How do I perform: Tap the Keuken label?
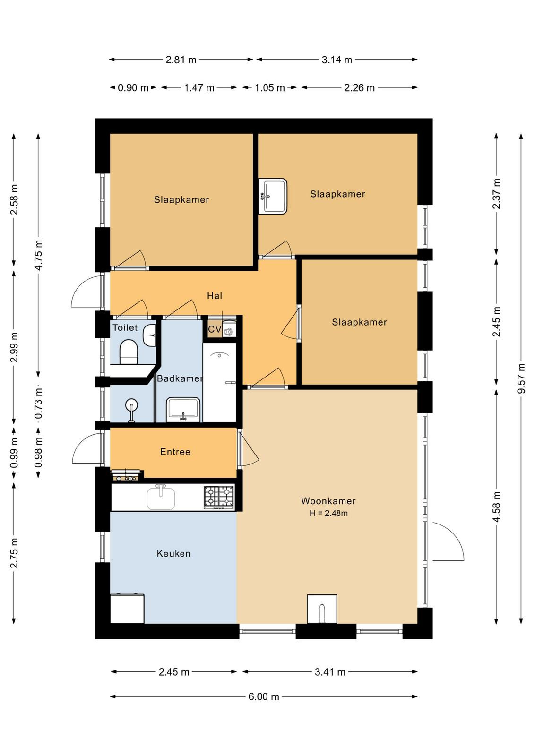[x=173, y=553]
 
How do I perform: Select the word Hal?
[x=215, y=296]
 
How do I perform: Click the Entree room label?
[x=175, y=452]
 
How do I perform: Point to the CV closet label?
[x=215, y=329]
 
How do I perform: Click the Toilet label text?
[x=125, y=327]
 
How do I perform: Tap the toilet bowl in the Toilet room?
[x=129, y=352]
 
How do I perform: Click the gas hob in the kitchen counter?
[x=218, y=497]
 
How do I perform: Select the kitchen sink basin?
[x=161, y=498]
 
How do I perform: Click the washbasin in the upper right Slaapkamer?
[x=273, y=196]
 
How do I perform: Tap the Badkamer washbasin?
[x=184, y=410]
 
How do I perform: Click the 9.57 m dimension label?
[x=521, y=378]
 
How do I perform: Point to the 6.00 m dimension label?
[x=264, y=696]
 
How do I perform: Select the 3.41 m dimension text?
[x=330, y=672]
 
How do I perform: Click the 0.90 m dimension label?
[x=133, y=88]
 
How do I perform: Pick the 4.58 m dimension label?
[x=496, y=507]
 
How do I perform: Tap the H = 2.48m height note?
[x=328, y=513]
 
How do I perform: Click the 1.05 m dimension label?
[x=269, y=88]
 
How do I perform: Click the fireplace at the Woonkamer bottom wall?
[x=322, y=609]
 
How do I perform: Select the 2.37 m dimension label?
[x=496, y=194]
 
